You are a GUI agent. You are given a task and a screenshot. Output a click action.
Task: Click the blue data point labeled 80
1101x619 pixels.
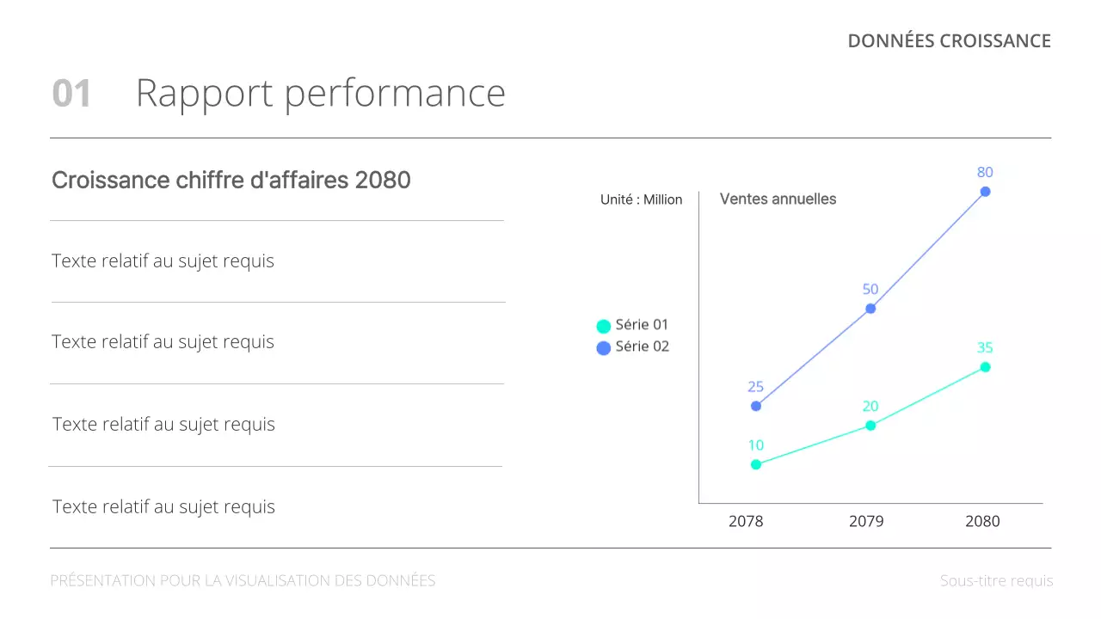pyautogui.click(x=985, y=192)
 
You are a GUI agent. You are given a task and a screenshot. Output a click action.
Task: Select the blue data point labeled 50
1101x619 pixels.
pyautogui.click(x=870, y=308)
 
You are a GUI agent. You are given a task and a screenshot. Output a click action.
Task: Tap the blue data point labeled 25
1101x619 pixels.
pyautogui.click(x=756, y=406)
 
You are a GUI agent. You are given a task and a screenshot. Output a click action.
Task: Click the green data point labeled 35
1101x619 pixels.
pyautogui.click(x=985, y=367)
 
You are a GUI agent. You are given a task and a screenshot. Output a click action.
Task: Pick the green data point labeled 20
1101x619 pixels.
pyautogui.click(x=870, y=426)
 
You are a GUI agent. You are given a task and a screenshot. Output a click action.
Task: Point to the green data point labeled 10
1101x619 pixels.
pyautogui.click(x=756, y=464)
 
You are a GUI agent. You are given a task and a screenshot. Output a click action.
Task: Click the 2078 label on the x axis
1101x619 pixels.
pyautogui.click(x=746, y=521)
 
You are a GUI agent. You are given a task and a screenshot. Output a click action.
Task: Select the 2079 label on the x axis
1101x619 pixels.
pyautogui.click(x=866, y=521)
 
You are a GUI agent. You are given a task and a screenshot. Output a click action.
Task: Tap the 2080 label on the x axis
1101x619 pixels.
pyautogui.click(x=982, y=521)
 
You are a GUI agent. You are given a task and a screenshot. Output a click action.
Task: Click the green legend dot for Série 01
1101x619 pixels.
pyautogui.click(x=604, y=326)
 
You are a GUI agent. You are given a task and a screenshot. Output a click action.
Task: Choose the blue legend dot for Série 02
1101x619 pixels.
pyautogui.click(x=604, y=348)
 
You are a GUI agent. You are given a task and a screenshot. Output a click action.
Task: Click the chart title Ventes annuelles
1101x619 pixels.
pyautogui.click(x=778, y=199)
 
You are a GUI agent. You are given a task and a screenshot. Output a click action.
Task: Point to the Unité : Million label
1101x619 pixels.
pyautogui.click(x=641, y=199)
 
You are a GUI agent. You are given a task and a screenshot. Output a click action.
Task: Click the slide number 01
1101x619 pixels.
pyautogui.click(x=71, y=94)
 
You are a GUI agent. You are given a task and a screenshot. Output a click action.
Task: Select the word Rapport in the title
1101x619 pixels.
pyautogui.click(x=204, y=94)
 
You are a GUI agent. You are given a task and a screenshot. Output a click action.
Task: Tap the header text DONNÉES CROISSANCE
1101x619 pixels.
pyautogui.click(x=949, y=41)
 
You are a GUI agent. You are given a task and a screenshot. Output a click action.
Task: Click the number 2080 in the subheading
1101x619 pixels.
pyautogui.click(x=383, y=180)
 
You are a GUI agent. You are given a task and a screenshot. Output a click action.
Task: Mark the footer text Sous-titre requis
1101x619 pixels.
pyautogui.click(x=996, y=581)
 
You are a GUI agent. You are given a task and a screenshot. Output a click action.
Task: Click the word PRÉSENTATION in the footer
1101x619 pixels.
pyautogui.click(x=102, y=581)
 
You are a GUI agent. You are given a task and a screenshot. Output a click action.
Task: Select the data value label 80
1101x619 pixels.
pyautogui.click(x=985, y=172)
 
